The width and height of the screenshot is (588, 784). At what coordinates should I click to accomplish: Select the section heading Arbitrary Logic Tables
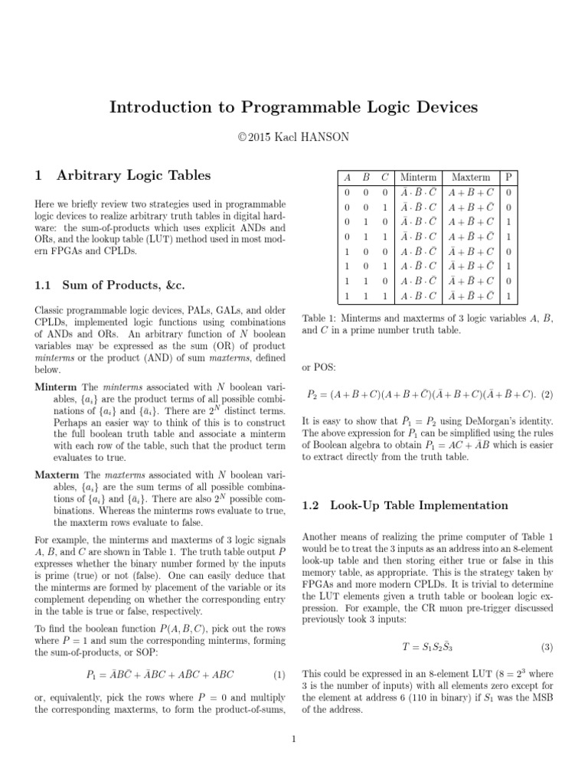click(133, 175)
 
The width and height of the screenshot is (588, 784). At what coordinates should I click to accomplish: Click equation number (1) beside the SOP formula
click(279, 675)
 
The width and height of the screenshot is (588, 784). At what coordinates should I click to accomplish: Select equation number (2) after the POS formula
click(547, 394)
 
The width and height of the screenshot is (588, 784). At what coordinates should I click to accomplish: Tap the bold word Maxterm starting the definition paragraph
click(57, 475)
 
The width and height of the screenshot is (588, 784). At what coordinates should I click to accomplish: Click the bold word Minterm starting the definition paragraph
click(56, 387)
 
